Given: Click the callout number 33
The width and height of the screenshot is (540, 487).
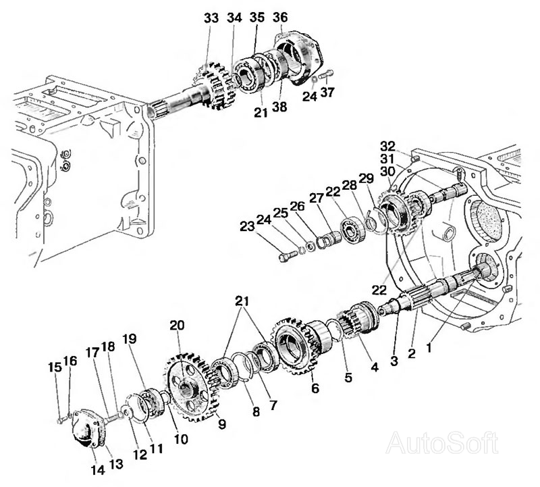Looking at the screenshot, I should coord(211,19).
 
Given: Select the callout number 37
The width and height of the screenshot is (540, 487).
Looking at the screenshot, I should coord(327,93).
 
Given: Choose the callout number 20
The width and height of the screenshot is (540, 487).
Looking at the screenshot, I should coord(177,325).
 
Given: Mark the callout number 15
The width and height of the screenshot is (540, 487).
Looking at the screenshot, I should coord(55,367).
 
